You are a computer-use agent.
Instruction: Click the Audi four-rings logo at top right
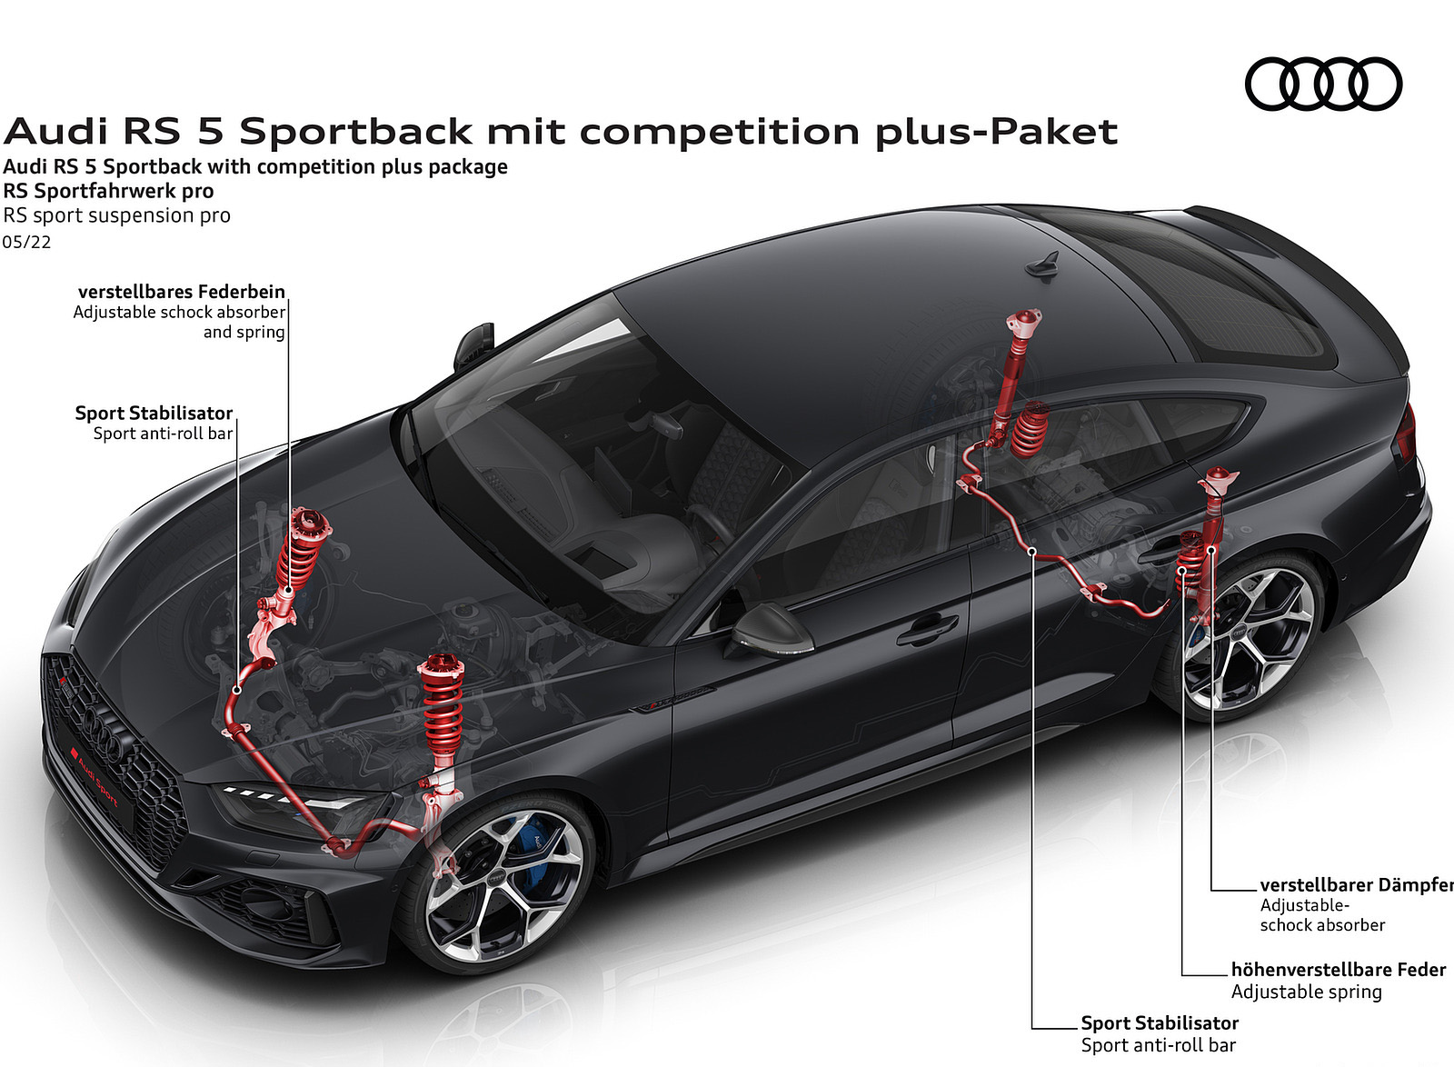tap(1322, 85)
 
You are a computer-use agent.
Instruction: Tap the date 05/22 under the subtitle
tap(27, 243)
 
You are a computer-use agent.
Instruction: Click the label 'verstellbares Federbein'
tap(182, 292)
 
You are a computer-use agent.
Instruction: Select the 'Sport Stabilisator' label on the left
tap(154, 413)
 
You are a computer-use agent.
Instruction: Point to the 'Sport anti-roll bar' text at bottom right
tap(1158, 1045)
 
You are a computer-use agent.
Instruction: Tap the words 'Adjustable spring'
tap(1306, 992)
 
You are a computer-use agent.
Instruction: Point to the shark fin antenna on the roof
tap(1041, 263)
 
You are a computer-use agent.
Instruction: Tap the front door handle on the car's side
tap(927, 628)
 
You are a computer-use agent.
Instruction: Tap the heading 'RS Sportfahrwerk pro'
tap(108, 191)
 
